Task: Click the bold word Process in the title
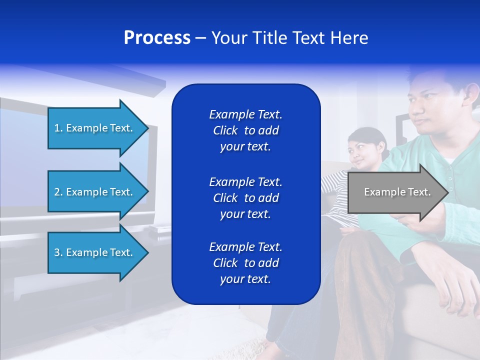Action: coord(157,38)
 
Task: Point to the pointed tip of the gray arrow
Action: coord(446,192)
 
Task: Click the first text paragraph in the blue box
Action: coord(245,130)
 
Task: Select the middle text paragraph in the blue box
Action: coord(245,198)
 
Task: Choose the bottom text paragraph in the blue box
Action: coord(245,263)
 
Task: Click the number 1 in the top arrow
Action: coord(57,128)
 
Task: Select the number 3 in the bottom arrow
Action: coord(57,252)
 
